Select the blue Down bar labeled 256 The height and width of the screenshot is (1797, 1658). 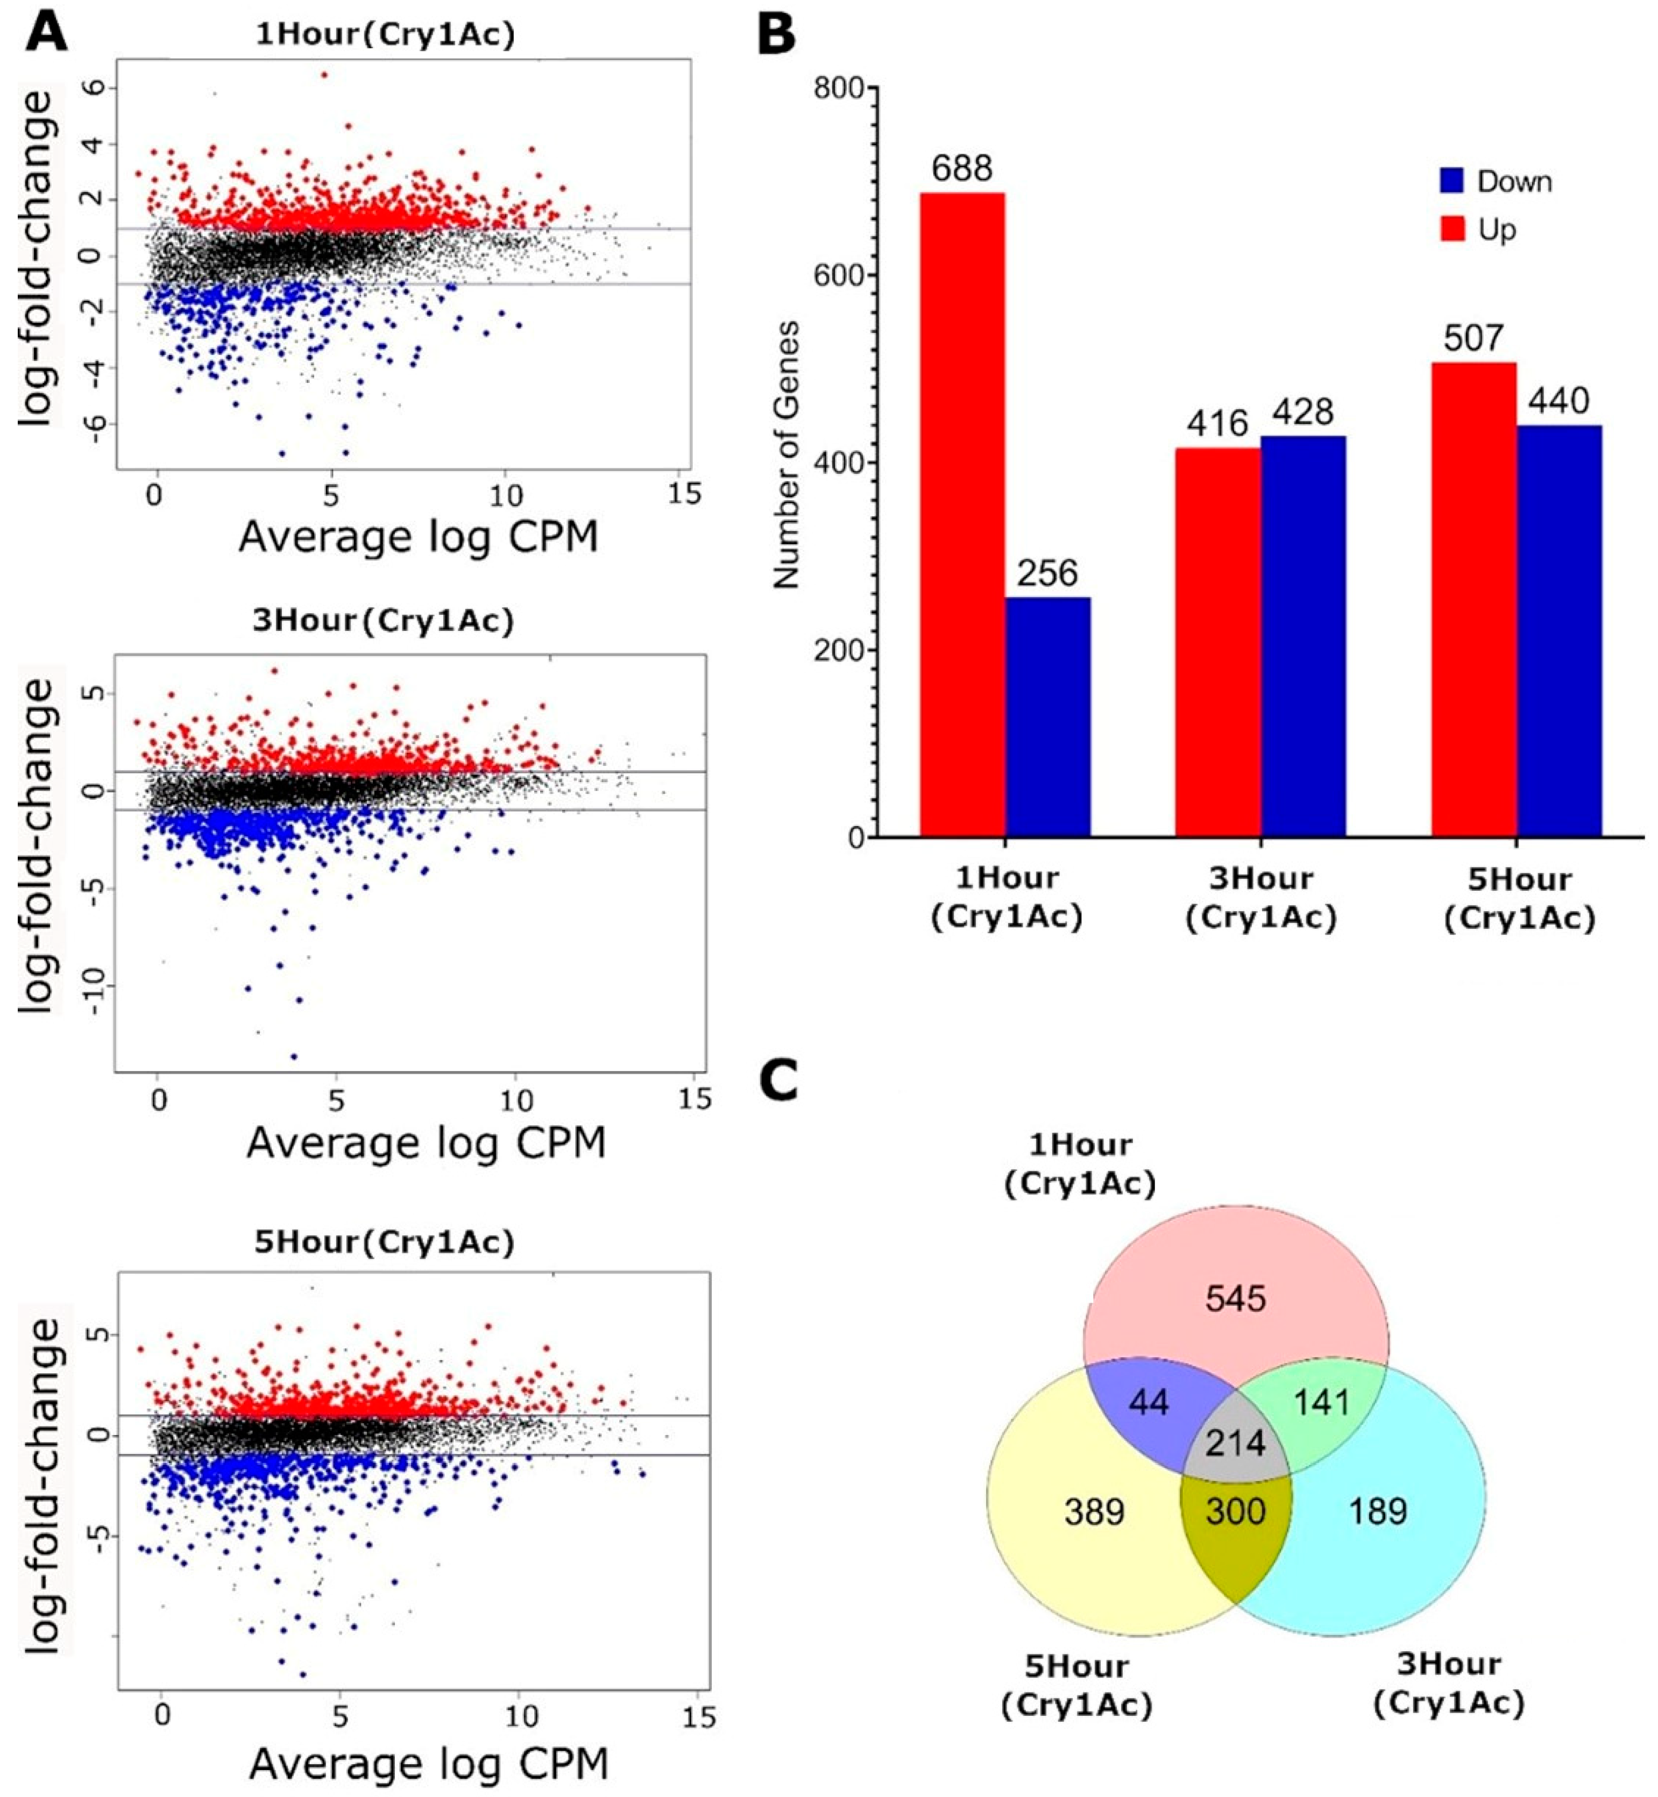[1047, 717]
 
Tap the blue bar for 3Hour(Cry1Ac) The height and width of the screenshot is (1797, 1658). [1303, 636]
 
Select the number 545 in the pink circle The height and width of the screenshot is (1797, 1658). [1235, 1298]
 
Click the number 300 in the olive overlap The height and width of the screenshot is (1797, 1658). [1235, 1512]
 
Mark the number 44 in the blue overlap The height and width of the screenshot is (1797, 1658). [1149, 1402]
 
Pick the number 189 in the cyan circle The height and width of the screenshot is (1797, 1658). [1378, 1512]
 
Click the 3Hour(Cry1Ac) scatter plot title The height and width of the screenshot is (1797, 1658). [383, 621]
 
